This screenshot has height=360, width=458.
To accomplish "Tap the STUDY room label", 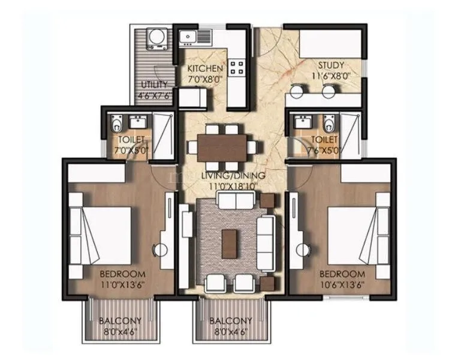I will pyautogui.click(x=330, y=65).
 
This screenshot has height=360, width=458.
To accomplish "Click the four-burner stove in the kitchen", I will pyautogui.click(x=236, y=67).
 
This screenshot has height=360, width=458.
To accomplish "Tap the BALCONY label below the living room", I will pyautogui.click(x=231, y=321).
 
